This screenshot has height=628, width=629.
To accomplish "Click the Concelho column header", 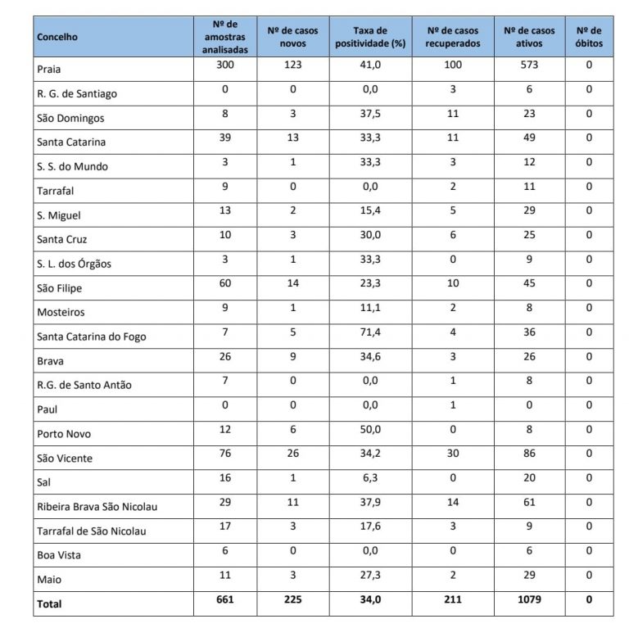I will coord(57,37).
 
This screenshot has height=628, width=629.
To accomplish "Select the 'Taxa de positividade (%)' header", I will coord(371,37).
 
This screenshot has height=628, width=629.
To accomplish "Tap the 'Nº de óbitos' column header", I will coord(589,37).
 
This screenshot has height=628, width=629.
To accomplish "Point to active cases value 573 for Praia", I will coord(529,65).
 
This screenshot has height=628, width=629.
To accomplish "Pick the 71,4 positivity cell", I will coord(371,332).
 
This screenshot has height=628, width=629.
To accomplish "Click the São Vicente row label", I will coord(65,459).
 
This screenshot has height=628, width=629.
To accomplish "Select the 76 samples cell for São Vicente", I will coord(224,454).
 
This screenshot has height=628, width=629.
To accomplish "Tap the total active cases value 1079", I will coord(529,599).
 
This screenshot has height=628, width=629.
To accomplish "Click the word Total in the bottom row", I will coord(49,604).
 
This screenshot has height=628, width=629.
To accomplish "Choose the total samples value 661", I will coord(224,599).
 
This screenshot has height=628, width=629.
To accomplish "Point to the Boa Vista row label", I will coord(60,555).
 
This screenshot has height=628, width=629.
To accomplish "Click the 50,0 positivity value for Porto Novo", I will coord(371,429).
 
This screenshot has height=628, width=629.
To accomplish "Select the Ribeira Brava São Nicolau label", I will coord(97,507).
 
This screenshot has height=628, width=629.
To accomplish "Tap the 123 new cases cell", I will coord(292,65).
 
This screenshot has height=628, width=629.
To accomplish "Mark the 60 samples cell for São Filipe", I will coord(224,283).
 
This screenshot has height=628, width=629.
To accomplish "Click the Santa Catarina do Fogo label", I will coord(92,337).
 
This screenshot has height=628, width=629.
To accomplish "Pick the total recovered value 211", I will coord(452,599).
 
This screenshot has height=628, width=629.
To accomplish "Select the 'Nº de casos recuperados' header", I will coord(453,37).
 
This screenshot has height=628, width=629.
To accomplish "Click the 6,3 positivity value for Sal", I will coord(371,478).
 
